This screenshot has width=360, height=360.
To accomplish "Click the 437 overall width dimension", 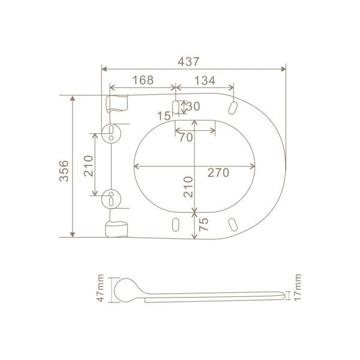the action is (x=188, y=62).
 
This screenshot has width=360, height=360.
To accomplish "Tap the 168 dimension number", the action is (x=143, y=80).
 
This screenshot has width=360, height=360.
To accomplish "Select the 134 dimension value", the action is (x=205, y=80).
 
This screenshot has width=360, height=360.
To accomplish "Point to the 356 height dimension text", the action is (x=64, y=171).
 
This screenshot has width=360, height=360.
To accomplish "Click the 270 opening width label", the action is (x=218, y=172).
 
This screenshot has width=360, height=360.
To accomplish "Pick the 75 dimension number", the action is (x=203, y=224).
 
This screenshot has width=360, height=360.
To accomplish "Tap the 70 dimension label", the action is (x=186, y=137).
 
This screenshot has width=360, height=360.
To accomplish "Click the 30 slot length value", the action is (x=193, y=106).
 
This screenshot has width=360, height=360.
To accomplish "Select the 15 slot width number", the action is (x=164, y=116).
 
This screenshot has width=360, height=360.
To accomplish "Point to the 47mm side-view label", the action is (x=100, y=288).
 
